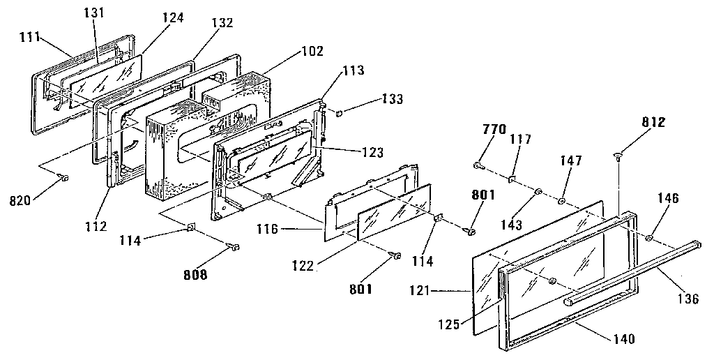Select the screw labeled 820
point(63,178)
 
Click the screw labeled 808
point(234,246)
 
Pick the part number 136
point(688,299)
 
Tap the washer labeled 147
point(561,200)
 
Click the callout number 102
point(312,51)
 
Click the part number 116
point(268,229)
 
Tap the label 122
point(303,264)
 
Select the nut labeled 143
point(538,191)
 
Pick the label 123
point(372,152)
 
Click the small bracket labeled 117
point(512,179)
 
